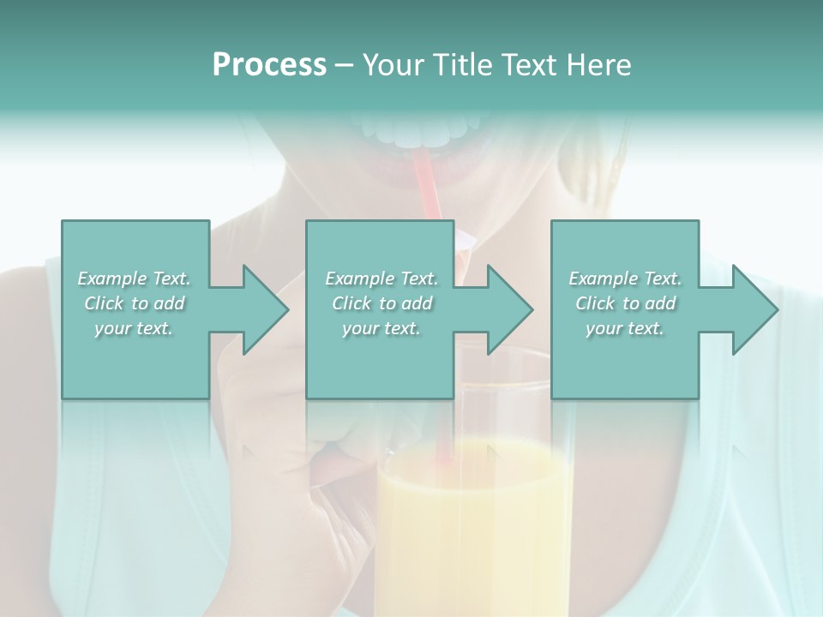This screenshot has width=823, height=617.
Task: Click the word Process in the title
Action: [268, 65]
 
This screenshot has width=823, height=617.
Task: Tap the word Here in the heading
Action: [597, 65]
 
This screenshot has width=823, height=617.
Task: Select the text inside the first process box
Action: [134, 303]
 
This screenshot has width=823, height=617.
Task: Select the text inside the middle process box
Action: [381, 303]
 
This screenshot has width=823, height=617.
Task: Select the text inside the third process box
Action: [625, 303]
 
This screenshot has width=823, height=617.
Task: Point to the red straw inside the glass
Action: [444, 428]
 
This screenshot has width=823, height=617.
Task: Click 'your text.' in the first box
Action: [134, 328]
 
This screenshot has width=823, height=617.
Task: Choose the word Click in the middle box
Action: [350, 303]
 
